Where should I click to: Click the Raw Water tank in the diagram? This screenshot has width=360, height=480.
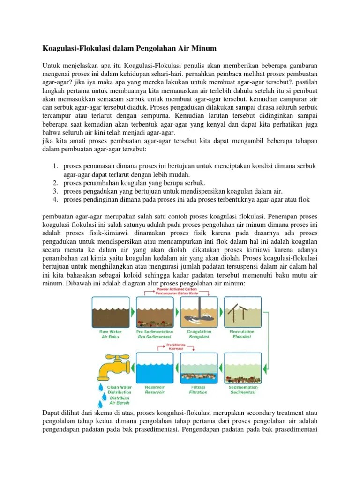(x=108, y=311)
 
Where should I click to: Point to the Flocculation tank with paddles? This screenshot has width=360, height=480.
(x=243, y=311)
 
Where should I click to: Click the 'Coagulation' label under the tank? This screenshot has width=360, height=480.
(x=199, y=332)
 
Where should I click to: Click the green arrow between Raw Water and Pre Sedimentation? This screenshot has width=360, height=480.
(x=131, y=311)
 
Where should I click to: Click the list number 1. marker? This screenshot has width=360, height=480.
(x=55, y=166)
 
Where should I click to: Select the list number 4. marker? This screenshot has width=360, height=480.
(x=55, y=200)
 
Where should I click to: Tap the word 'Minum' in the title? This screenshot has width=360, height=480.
(x=202, y=48)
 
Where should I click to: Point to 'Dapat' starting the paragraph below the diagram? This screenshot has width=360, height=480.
(x=52, y=412)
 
